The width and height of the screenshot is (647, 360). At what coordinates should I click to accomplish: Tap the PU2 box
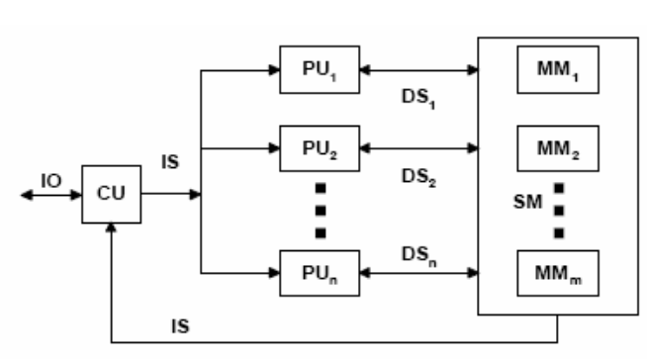(319, 149)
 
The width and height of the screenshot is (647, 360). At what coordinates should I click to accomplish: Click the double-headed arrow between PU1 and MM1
(416, 70)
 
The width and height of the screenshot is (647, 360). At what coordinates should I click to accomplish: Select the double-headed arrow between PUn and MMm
(416, 270)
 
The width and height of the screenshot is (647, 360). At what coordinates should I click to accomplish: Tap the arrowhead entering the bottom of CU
(111, 227)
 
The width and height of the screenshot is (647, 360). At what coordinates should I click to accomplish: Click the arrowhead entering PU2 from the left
(274, 149)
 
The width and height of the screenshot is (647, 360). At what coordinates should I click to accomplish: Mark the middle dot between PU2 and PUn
(320, 210)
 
